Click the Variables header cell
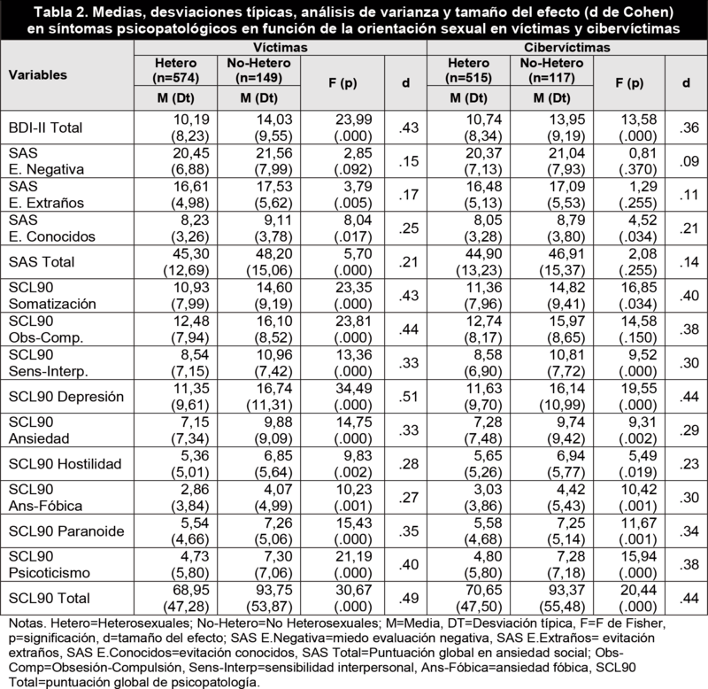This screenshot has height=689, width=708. [38, 76]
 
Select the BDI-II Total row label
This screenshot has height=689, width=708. [43, 128]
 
